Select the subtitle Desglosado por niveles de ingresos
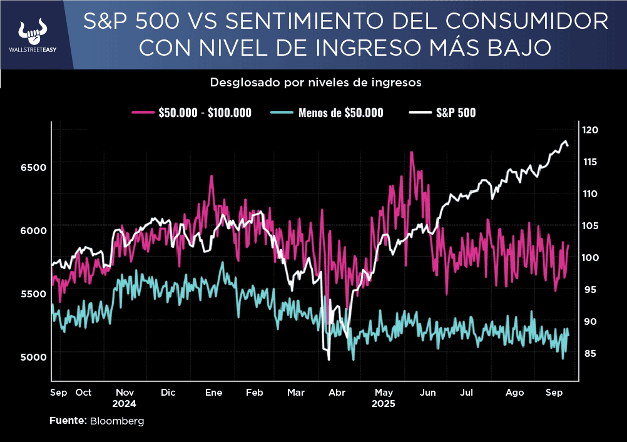[x=315, y=82]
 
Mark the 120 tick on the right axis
[x=590, y=130]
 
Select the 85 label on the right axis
[x=590, y=354]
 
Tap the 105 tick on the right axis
[x=590, y=226]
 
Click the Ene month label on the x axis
[x=214, y=393]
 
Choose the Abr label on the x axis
[x=337, y=393]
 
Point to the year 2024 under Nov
[x=125, y=404]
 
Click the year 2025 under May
[x=384, y=404]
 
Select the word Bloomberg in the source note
[x=117, y=421]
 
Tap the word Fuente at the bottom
[x=68, y=421]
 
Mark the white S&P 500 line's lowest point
[x=329, y=359]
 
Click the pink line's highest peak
[x=411, y=152]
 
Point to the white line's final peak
[x=565, y=141]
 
